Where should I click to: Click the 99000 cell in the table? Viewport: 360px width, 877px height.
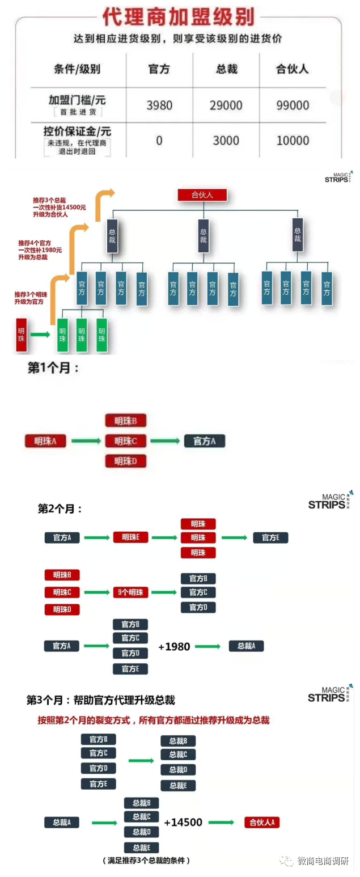click(x=293, y=105)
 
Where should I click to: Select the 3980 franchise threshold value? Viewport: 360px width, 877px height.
click(x=159, y=105)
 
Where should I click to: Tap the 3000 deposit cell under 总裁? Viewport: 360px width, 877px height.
click(x=226, y=141)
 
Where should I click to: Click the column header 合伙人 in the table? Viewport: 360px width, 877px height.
click(x=293, y=69)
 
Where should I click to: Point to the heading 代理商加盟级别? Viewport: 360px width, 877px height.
click(x=178, y=17)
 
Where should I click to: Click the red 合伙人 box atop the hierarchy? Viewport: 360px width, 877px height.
click(x=203, y=194)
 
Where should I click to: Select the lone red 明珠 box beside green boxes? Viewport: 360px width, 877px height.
click(x=22, y=334)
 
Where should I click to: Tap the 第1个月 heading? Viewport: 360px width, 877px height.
click(x=53, y=368)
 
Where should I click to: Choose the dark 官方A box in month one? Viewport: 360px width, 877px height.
click(x=204, y=440)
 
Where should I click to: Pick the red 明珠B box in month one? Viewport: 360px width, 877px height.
click(x=126, y=421)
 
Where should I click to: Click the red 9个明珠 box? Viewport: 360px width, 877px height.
click(x=130, y=592)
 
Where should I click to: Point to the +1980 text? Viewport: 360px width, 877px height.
click(x=174, y=646)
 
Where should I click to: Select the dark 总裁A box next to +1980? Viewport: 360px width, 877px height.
click(x=246, y=646)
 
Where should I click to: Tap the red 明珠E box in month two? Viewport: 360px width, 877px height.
click(x=130, y=537)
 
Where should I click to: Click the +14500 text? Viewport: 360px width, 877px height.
click(x=183, y=822)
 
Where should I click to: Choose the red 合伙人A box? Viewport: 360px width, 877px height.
click(x=262, y=822)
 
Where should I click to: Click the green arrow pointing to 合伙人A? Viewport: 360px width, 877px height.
click(x=221, y=822)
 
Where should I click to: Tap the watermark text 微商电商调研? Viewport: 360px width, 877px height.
click(x=323, y=861)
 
